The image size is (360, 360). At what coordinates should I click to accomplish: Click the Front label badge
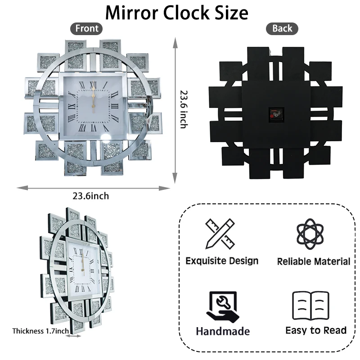[86, 29]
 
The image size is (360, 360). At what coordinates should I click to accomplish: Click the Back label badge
[282, 29]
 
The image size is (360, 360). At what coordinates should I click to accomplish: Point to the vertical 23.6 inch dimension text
[184, 109]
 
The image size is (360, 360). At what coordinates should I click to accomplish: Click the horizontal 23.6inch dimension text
[91, 196]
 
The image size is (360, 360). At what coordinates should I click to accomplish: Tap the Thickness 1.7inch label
[40, 331]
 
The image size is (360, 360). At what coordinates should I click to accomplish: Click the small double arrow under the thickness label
[73, 336]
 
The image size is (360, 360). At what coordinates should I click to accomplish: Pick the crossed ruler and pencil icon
[220, 234]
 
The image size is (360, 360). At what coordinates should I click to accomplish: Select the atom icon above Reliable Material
[310, 234]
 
